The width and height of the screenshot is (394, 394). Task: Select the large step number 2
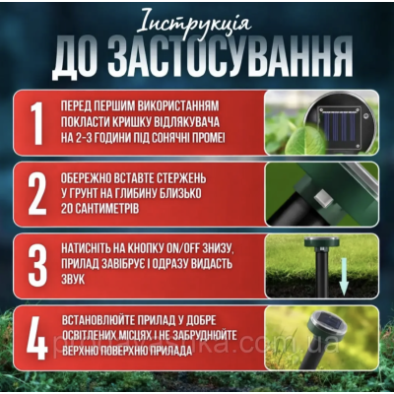(36, 195)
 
